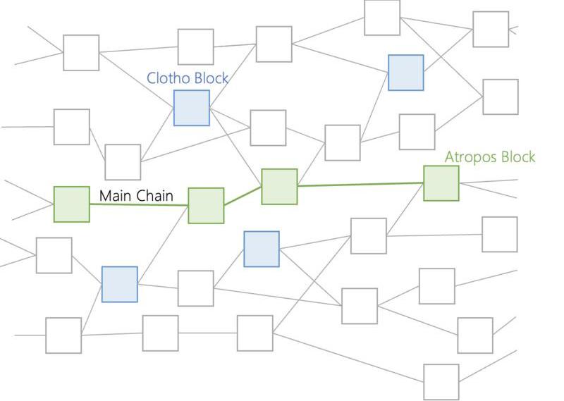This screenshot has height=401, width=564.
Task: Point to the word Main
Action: pos(116,195)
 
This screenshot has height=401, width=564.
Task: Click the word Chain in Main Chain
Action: pos(154,195)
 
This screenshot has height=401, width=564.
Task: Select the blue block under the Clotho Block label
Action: pos(192,108)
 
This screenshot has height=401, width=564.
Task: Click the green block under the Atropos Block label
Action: pos(441,183)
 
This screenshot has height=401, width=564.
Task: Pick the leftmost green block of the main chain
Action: pos(72,204)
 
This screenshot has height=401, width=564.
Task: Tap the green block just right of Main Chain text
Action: pos(206,206)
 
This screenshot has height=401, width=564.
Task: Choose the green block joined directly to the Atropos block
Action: pos(279,187)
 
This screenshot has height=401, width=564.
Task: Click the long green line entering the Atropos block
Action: pos(360,185)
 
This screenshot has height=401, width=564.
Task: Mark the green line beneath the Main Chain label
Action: pos(138,204)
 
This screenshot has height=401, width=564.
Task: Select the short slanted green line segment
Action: pos(243,196)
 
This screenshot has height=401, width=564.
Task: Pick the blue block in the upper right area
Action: pos(406,73)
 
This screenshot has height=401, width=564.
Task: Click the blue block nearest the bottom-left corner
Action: pos(119,285)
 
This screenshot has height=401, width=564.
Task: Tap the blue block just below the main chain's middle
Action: pos(262,249)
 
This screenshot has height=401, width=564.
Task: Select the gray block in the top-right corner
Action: pos(491,29)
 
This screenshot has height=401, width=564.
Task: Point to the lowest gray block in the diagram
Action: pos(441,382)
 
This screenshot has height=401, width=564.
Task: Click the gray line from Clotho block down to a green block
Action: pos(236,145)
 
